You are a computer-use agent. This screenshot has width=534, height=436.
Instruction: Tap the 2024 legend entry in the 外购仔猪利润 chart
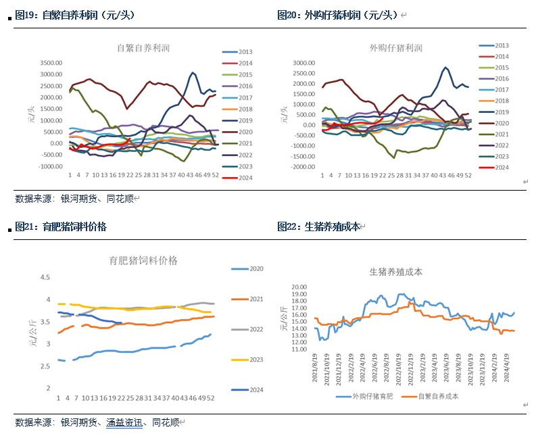click(x=501, y=167)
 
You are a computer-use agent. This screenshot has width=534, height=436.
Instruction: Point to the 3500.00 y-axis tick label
click(x=51, y=63)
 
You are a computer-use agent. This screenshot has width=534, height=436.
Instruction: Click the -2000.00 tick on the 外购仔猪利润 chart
click(x=299, y=166)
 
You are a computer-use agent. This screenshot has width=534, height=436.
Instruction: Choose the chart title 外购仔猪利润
click(x=395, y=48)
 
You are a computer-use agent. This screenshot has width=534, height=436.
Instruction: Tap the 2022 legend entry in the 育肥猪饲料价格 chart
click(x=256, y=329)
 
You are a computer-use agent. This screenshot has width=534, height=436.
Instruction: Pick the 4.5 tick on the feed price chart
click(x=45, y=277)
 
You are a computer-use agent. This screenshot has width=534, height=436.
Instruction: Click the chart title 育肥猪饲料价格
click(x=143, y=260)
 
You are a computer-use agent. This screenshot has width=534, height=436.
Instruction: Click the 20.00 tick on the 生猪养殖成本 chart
click(x=299, y=287)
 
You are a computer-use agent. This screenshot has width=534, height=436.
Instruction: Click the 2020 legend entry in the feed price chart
click(x=256, y=269)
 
